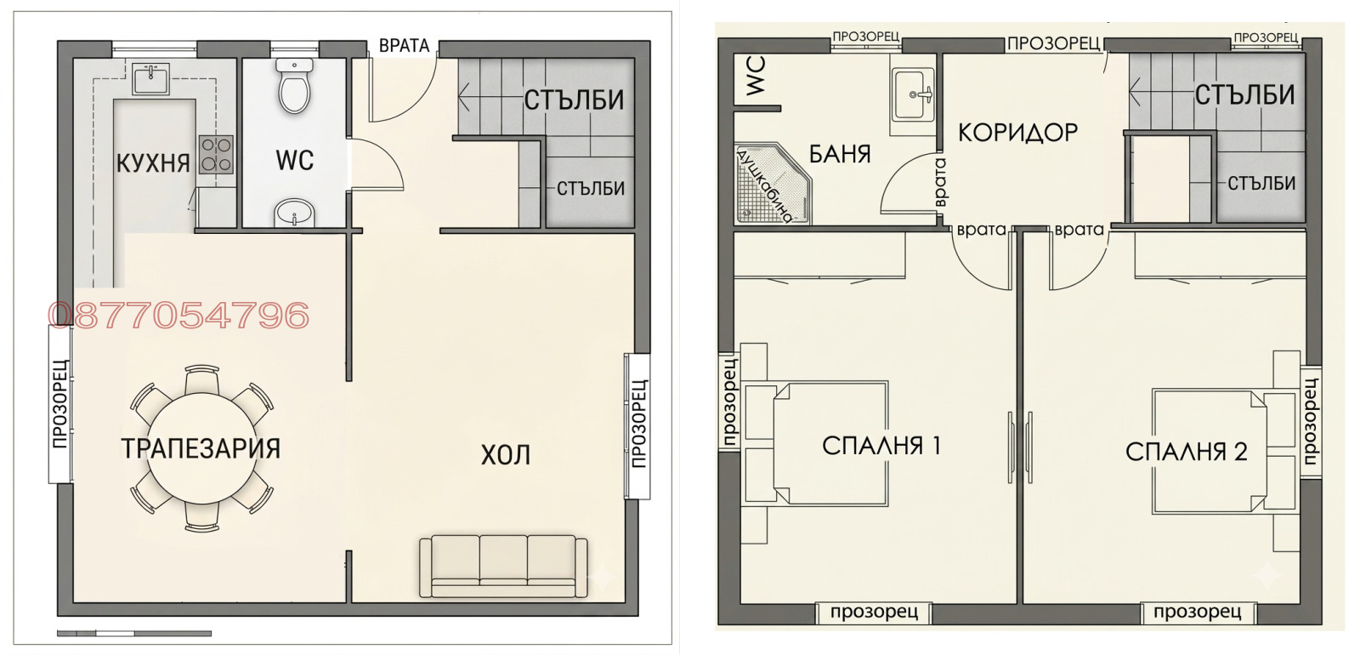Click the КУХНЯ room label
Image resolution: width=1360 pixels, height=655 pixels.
(153, 162)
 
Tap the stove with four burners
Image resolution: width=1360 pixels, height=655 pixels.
(217, 154)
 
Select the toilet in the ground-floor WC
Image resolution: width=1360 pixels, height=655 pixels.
(294, 85)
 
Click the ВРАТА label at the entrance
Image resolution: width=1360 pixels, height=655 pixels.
(405, 46)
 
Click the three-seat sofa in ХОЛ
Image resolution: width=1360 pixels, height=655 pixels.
(503, 567)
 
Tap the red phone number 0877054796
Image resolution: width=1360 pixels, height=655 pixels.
(178, 316)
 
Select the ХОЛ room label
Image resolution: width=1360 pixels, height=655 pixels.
(505, 454)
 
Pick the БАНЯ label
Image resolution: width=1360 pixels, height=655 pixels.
(841, 154)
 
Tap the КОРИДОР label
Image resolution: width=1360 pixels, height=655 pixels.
(1017, 133)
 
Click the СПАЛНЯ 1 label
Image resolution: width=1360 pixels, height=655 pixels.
(881, 446)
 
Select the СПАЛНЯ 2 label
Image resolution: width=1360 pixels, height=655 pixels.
(1187, 452)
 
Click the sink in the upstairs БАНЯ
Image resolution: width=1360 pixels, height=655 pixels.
(913, 94)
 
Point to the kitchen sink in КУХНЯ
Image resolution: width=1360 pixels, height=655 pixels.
(150, 78)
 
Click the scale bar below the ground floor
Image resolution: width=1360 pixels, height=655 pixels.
(134, 633)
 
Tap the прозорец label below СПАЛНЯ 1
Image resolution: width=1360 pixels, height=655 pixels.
(874, 612)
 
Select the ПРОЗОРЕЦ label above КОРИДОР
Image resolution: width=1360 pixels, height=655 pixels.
(1054, 43)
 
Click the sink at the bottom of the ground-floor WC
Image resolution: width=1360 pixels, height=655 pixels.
(294, 213)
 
